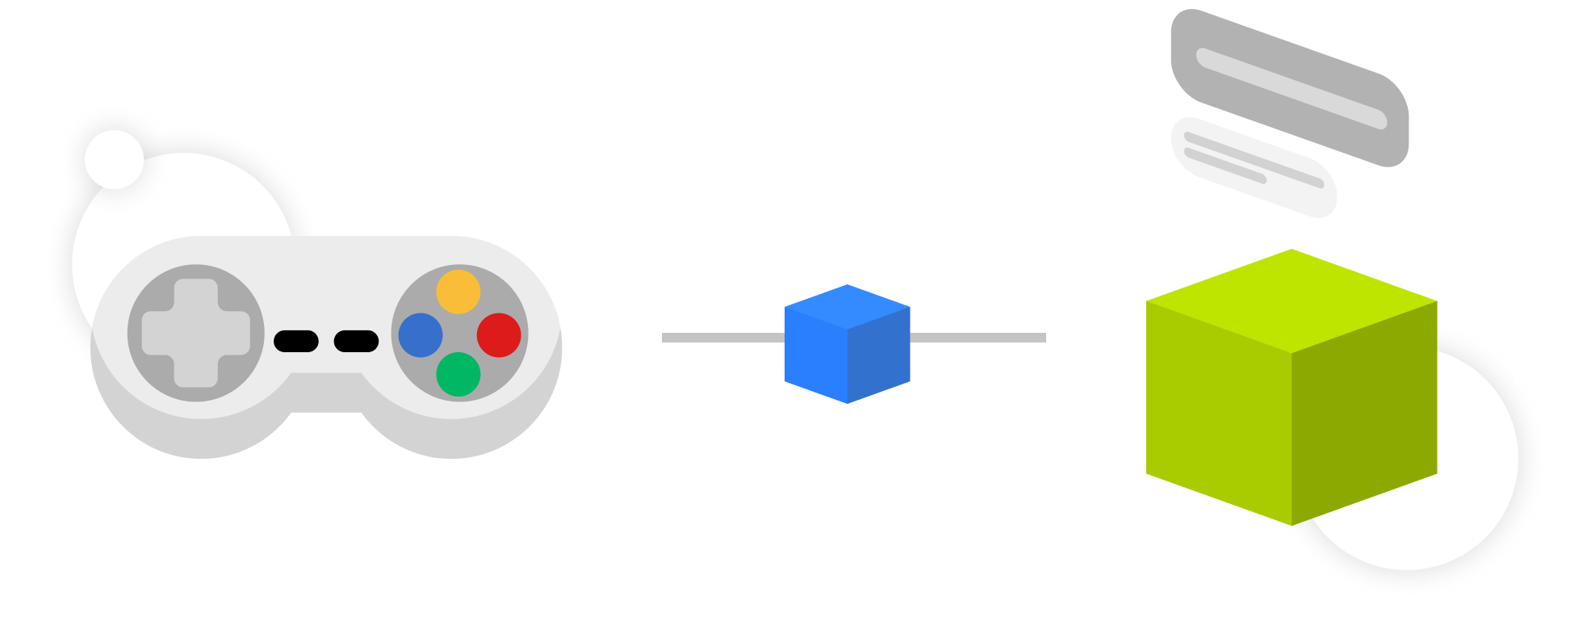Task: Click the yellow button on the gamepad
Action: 458,292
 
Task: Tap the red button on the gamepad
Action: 499,335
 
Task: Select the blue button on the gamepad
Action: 421,335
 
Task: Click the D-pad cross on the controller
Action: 195,333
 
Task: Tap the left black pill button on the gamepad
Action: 296,341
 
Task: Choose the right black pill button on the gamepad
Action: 356,341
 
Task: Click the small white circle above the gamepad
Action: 114,159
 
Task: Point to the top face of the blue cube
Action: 848,306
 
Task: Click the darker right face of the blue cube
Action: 880,355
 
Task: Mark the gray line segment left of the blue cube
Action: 722,338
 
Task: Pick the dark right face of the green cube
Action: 1364,412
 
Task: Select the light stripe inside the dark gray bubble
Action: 1292,88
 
